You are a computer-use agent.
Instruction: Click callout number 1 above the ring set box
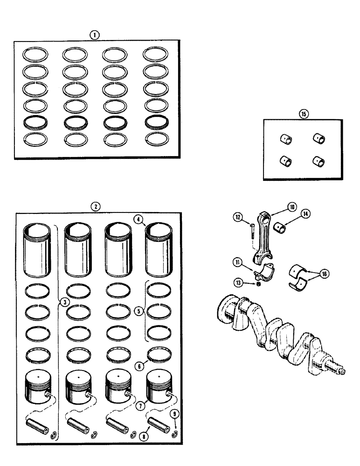(x=95, y=34)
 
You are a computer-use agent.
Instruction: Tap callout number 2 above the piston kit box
(x=95, y=206)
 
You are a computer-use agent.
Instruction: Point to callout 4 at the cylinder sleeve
(x=138, y=218)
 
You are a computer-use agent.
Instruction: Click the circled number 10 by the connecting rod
(x=291, y=207)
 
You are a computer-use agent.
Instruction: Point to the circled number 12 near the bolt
(x=238, y=216)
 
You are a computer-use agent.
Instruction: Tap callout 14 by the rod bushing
(x=305, y=214)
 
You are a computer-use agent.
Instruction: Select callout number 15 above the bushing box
(x=305, y=113)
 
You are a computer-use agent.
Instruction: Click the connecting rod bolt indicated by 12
(x=251, y=232)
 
